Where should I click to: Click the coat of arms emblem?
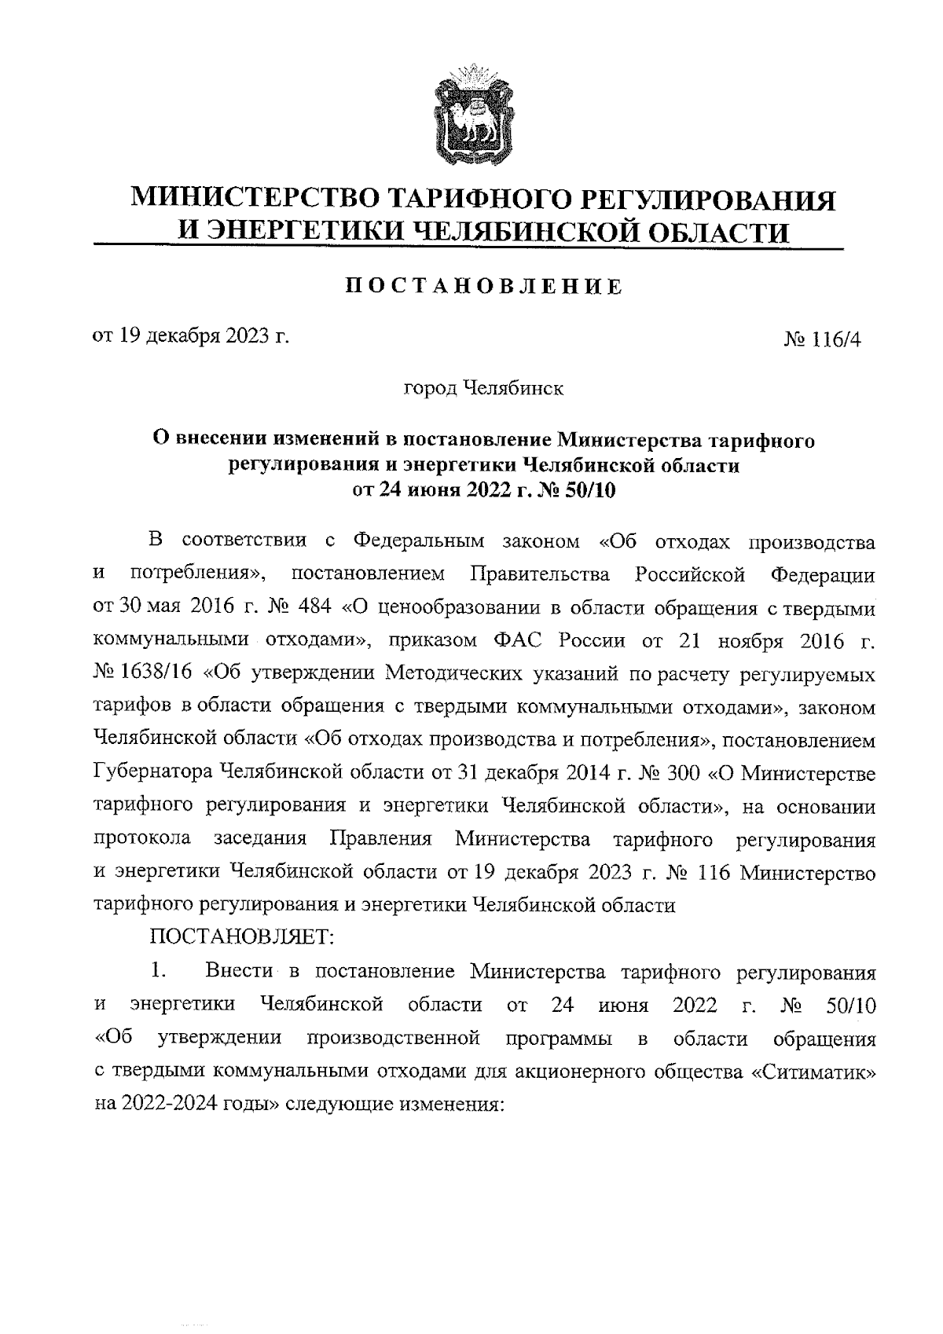pos(471,115)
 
